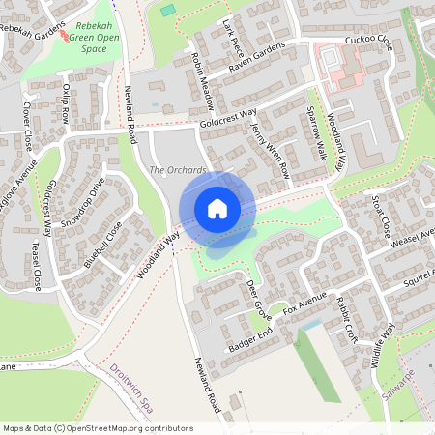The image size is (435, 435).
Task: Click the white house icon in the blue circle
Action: tap(217, 209)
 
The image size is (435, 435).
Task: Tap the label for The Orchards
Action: tap(179, 171)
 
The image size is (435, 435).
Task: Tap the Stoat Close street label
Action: tap(380, 217)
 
